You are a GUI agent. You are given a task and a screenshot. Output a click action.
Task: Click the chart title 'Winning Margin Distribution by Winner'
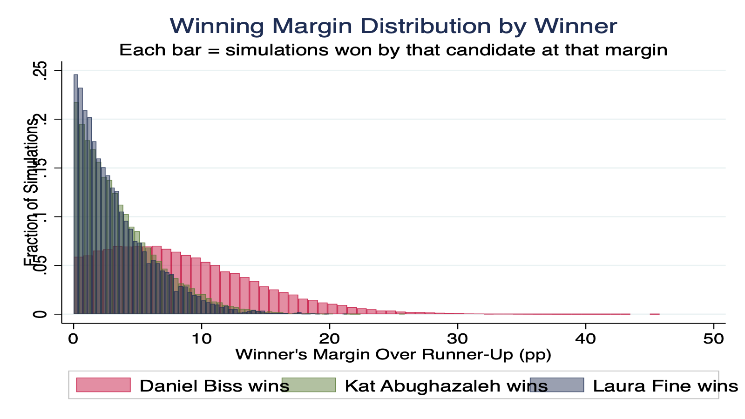[x=393, y=26]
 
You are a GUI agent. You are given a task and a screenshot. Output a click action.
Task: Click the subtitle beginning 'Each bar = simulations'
[x=393, y=50]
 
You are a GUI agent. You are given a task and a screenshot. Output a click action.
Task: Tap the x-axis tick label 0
[x=73, y=338]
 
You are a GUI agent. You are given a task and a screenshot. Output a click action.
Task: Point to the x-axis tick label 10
[x=201, y=338]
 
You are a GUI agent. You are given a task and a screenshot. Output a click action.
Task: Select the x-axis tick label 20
[x=329, y=338]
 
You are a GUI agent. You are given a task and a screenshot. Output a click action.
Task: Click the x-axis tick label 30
[x=457, y=338]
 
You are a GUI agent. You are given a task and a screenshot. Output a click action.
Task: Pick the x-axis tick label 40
[x=585, y=338]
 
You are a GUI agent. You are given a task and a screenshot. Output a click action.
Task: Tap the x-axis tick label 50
[x=713, y=338]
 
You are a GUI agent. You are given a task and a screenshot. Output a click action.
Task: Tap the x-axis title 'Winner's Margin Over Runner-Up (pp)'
[x=393, y=355]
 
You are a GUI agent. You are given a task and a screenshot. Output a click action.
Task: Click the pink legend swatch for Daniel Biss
[x=103, y=385]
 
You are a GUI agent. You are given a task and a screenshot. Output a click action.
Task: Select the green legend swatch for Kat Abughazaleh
[x=308, y=385]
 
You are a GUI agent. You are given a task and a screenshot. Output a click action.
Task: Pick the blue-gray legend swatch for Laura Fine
[x=556, y=385]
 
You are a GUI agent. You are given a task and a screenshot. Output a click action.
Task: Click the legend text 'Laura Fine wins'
[x=665, y=386]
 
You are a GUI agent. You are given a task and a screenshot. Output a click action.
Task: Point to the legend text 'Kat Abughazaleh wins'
[x=446, y=386]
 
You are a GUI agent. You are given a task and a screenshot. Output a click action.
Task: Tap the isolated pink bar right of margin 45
[x=654, y=314]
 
